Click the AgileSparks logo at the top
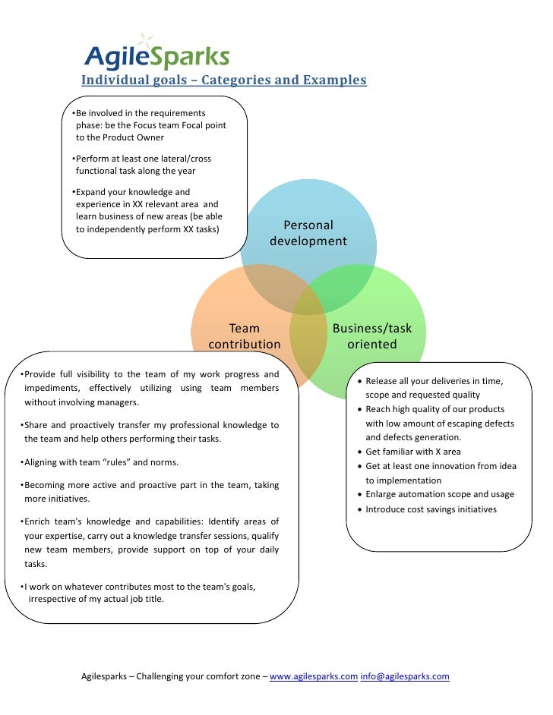pyautogui.click(x=156, y=55)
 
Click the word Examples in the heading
pyautogui.click(x=334, y=80)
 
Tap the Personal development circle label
pyautogui.click(x=308, y=233)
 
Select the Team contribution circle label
pyautogui.click(x=244, y=336)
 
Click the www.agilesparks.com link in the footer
pyautogui.click(x=314, y=676)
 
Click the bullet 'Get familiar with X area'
pyautogui.click(x=412, y=452)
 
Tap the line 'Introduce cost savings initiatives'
pyautogui.click(x=431, y=509)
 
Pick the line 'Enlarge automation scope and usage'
pyautogui.click(x=439, y=494)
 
